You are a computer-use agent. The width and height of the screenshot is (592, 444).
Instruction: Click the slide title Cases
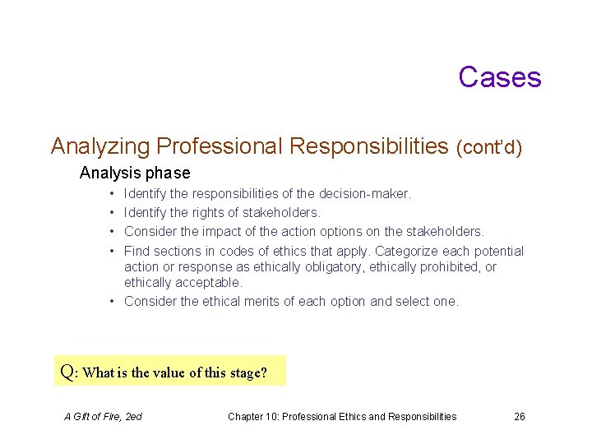click(499, 76)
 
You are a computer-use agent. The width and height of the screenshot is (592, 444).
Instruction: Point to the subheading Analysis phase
click(135, 173)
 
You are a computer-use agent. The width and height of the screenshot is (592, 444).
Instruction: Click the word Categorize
click(407, 251)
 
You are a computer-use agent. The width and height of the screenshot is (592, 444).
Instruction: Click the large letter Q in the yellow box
click(68, 372)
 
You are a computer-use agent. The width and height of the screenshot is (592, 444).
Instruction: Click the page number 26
click(520, 417)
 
